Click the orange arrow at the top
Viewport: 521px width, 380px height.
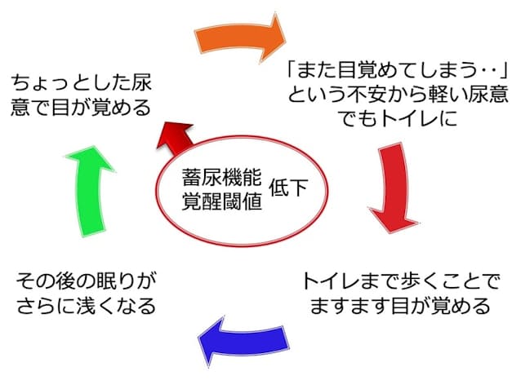239,38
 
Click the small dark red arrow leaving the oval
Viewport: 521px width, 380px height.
175,139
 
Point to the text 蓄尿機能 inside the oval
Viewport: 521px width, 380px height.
222,177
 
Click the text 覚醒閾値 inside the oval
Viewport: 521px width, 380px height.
222,201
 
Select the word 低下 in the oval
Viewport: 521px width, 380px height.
288,188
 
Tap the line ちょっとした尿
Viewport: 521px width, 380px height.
82,83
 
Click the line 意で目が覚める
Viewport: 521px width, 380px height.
82,108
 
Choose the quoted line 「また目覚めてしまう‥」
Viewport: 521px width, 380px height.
398,70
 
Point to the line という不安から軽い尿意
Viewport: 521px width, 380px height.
398,95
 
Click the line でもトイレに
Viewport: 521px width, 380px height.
398,119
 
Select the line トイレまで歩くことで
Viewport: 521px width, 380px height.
401,281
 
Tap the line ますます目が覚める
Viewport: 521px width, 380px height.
401,306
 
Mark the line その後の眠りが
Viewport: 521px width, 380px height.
86,281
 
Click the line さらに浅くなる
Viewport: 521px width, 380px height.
86,306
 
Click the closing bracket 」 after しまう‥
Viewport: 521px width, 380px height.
505,70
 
